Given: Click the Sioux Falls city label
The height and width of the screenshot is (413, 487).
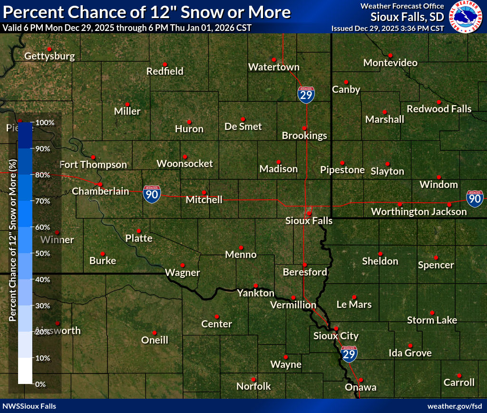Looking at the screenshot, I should click(x=309, y=221).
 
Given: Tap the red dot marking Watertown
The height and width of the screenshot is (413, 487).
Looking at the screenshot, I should click(x=274, y=59).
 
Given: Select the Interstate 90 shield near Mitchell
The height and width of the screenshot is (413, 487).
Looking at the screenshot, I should click(x=152, y=195).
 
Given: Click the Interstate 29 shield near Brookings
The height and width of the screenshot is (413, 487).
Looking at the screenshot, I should click(x=306, y=95).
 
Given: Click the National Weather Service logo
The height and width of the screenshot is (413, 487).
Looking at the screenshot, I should click(x=466, y=17).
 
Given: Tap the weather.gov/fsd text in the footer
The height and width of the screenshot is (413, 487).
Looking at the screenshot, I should click(x=454, y=406).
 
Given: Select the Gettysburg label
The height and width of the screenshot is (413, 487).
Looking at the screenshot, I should click(x=49, y=56).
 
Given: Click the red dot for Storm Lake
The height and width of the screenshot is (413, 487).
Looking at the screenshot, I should click(x=432, y=313).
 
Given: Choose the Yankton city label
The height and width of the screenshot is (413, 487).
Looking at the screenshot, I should click(x=255, y=294).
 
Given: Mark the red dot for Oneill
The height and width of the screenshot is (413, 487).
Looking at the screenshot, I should click(x=155, y=333).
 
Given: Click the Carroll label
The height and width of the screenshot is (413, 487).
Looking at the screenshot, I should click(x=459, y=383).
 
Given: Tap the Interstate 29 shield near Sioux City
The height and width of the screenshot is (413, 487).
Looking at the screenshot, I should click(x=349, y=352).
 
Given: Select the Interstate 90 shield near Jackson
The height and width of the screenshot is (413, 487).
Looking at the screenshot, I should click(x=474, y=198).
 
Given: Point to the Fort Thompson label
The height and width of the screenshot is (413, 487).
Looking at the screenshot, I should click(x=93, y=165).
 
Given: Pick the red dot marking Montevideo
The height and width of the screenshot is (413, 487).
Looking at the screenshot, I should click(x=390, y=55).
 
